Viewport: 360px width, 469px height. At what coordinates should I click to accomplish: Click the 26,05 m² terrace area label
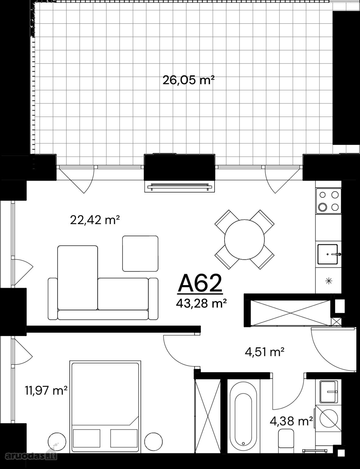tap(188, 80)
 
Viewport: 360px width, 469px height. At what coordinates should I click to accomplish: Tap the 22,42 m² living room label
tap(95, 220)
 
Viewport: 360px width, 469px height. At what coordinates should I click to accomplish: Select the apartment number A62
tap(200, 283)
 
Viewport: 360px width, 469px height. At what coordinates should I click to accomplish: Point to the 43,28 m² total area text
tap(201, 304)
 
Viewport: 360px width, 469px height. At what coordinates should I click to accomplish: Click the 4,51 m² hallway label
tap(264, 353)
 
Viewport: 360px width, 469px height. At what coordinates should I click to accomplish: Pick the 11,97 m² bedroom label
tap(46, 391)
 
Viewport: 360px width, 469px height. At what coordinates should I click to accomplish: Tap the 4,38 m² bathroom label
tap(291, 421)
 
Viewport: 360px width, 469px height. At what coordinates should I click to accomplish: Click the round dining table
tap(244, 239)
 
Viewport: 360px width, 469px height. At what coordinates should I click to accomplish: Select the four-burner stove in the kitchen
tap(329, 201)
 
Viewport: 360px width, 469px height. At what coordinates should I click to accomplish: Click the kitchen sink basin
tap(328, 254)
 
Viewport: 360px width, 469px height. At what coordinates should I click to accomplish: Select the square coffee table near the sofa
tap(140, 253)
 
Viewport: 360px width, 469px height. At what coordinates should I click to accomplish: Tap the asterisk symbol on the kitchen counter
tap(329, 281)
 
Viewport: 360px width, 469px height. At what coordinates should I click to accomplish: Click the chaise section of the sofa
tap(78, 278)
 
